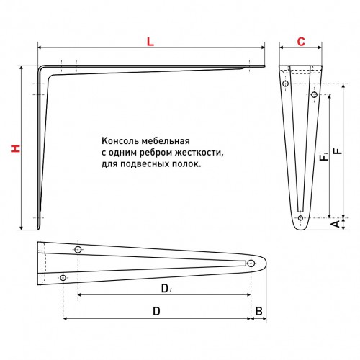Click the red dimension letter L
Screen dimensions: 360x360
click(150, 42)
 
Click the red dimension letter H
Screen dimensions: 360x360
click(16, 148)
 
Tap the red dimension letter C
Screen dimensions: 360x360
click(301, 42)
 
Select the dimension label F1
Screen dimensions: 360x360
click(324, 157)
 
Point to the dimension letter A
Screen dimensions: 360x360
click(336, 223)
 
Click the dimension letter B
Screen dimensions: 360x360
click(258, 311)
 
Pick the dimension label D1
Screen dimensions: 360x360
click(166, 288)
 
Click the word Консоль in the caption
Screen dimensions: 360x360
click(120, 141)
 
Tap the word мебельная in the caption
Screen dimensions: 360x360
click(166, 141)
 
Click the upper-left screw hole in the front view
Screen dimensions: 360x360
click(285, 84)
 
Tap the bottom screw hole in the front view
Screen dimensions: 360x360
click(300, 218)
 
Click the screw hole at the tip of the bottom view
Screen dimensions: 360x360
click(251, 264)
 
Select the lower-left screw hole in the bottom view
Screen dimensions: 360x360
click(63, 278)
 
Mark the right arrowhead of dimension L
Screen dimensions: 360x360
click(262, 48)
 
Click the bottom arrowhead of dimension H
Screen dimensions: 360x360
click(22, 228)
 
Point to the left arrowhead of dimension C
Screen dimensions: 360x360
click(282, 48)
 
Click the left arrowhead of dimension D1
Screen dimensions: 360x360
click(80, 294)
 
